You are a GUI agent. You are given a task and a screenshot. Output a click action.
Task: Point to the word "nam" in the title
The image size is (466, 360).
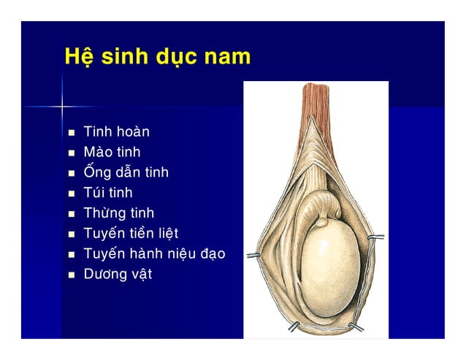[228, 57]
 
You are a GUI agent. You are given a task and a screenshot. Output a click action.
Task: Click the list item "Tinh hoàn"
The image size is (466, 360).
[116, 132]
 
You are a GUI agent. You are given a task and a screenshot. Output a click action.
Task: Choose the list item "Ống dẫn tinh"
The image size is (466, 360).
[126, 173]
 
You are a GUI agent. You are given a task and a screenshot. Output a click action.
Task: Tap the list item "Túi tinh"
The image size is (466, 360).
[108, 194]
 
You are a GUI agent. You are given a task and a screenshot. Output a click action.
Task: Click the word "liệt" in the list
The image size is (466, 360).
[166, 234]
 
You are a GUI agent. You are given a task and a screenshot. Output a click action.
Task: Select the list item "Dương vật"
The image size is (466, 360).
[118, 275]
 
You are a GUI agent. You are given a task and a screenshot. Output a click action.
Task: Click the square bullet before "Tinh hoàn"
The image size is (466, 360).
[71, 134]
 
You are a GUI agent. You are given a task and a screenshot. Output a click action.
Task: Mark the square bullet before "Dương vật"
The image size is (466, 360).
[71, 276]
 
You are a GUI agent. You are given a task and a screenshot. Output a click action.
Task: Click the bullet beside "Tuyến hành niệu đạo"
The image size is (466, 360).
[71, 256]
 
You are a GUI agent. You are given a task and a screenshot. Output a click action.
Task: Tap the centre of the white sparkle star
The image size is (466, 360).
[63, 107]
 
